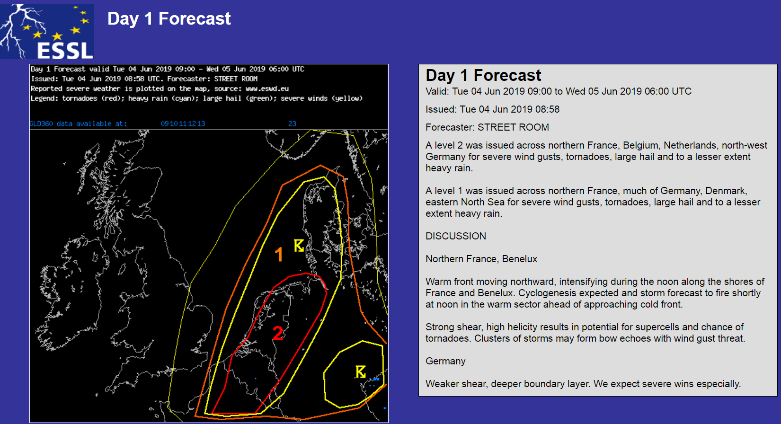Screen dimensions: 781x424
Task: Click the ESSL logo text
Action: click(x=65, y=51)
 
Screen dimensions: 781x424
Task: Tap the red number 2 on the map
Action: click(x=278, y=333)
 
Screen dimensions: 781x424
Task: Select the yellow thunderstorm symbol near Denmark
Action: click(x=299, y=246)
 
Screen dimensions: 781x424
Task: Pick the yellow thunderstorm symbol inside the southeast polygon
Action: click(x=361, y=371)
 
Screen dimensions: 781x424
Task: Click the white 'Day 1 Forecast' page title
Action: click(x=169, y=18)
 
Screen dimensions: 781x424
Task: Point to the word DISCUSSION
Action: click(x=456, y=236)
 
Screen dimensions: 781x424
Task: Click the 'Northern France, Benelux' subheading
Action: click(x=481, y=259)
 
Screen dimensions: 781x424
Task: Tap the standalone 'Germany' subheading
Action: click(x=445, y=361)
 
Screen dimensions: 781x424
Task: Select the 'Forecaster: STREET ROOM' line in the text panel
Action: click(x=487, y=127)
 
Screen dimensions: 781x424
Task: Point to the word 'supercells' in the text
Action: click(x=656, y=327)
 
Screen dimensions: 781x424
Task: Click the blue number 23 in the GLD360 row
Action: click(x=292, y=124)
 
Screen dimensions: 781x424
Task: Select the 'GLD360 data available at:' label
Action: click(x=79, y=124)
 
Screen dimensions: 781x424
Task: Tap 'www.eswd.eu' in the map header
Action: click(x=267, y=88)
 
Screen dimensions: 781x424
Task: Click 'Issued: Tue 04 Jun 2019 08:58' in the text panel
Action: click(x=492, y=109)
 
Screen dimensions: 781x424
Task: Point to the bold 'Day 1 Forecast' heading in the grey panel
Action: click(x=483, y=75)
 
